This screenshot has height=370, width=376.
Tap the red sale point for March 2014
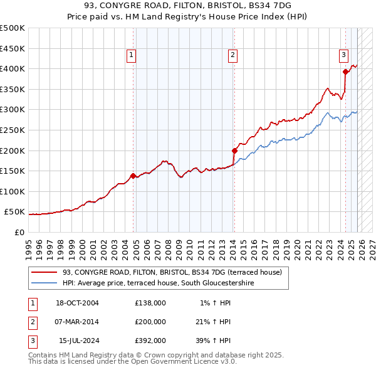coord(234,151)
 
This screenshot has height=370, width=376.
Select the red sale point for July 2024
coord(345,71)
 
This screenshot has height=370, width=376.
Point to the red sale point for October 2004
coord(133,176)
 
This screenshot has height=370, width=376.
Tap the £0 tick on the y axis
coord(19,232)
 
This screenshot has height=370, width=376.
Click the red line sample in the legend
coord(44,272)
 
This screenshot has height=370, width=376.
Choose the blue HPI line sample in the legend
coord(44,283)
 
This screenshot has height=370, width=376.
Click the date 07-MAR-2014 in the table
coord(77,322)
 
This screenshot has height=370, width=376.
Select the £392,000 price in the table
coord(150,341)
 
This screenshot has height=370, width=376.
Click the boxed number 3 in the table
coord(31,341)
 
